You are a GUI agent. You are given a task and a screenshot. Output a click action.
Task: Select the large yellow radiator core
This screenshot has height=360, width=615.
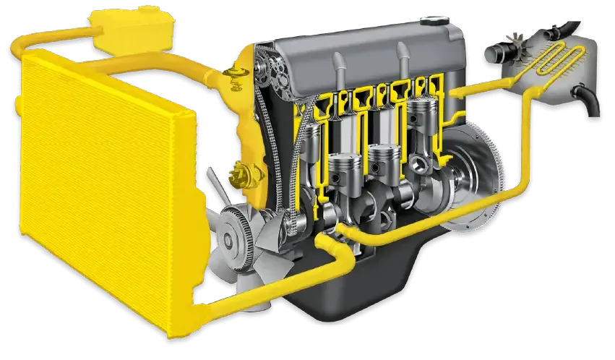coord(101,195)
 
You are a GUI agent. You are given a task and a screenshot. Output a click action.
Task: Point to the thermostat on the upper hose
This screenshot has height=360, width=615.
coord(233,78)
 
